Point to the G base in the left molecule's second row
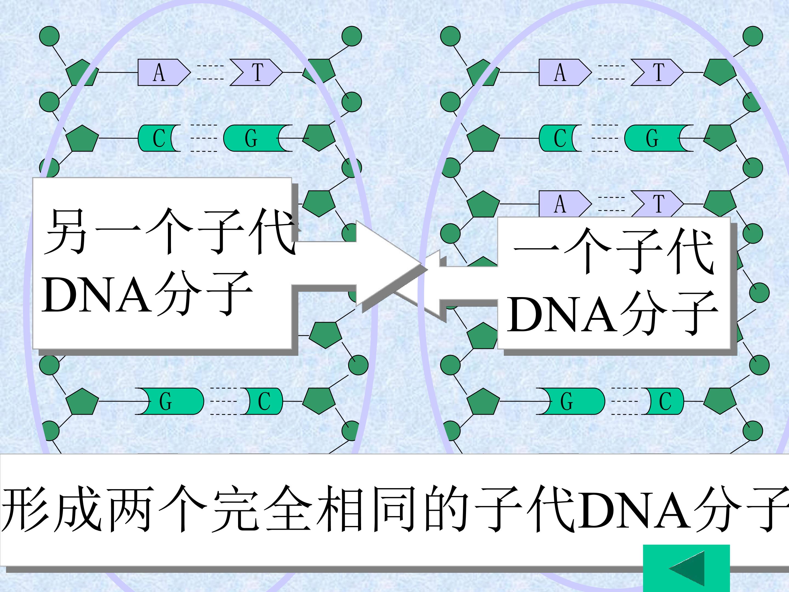258,138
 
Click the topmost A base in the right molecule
565,72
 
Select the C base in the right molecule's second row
560,138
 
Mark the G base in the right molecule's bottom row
571,401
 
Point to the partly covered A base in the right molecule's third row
565,204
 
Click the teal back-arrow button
686,568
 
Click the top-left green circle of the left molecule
49,36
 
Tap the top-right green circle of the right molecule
753,36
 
